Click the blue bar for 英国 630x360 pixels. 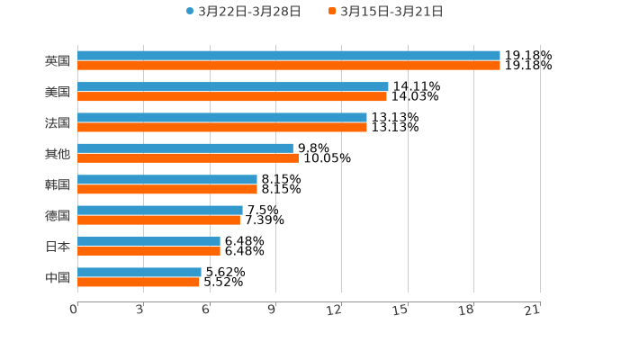[288, 56]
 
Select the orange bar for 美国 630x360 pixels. [232, 96]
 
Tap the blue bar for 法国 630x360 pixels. [222, 117]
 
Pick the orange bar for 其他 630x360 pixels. [188, 158]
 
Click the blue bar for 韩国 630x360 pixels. [167, 179]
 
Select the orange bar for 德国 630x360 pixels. [158, 220]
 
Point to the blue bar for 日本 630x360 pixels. [148, 241]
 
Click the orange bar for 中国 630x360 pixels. [139, 282]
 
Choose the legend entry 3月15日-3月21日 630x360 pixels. [391, 12]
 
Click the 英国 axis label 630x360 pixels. [58, 61]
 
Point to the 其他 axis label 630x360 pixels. [58, 154]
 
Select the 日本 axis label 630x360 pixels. [58, 247]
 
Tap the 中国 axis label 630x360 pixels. [58, 277]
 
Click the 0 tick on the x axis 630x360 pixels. [75, 310]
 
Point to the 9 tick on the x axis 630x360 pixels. [272, 310]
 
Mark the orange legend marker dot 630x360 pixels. [332, 12]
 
